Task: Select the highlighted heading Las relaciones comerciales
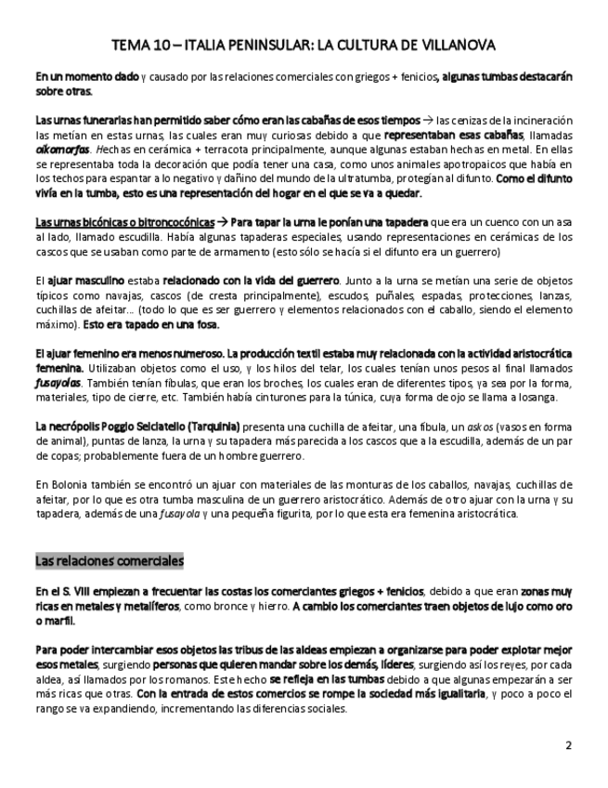(110, 561)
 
